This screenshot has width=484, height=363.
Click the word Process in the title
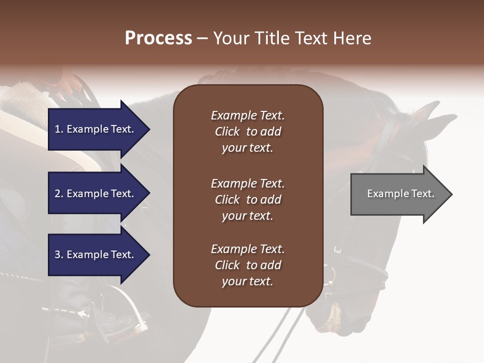click(x=158, y=38)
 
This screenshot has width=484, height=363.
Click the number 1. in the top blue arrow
click(x=59, y=129)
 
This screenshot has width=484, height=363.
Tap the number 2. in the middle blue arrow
click(x=59, y=194)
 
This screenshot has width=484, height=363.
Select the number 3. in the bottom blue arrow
click(x=59, y=255)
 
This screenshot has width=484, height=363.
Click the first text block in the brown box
click(x=248, y=132)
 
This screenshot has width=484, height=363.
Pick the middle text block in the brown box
click(x=248, y=200)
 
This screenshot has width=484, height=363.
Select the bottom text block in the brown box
click(x=248, y=265)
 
